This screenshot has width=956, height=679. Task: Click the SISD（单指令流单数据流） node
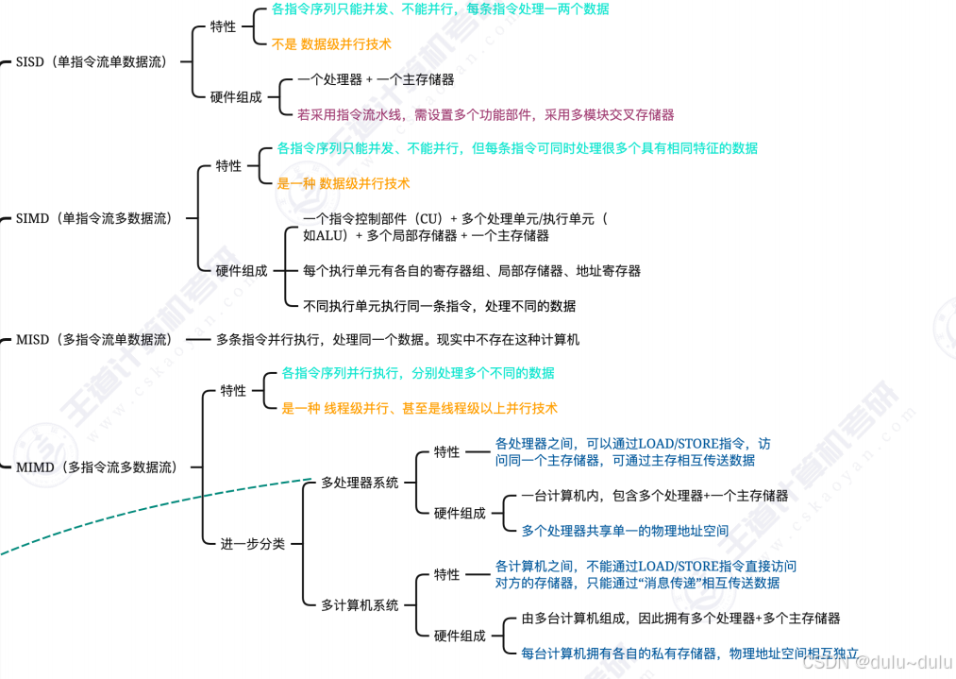point(92,62)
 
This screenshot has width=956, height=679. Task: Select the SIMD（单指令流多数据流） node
point(94,218)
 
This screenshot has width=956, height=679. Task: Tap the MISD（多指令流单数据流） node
point(94,339)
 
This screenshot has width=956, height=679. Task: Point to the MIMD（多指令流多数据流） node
point(96,467)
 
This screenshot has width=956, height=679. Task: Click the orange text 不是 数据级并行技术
point(331,44)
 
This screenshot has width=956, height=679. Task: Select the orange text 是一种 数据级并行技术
point(344,183)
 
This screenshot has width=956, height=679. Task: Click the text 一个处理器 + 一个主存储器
point(376,80)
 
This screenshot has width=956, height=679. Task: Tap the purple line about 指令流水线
point(485,115)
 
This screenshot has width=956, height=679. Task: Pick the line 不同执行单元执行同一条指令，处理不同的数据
point(439,306)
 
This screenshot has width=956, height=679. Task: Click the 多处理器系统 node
point(360,483)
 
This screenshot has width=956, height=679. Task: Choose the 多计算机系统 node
point(360,605)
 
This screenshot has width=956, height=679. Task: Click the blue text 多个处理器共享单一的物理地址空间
point(625,531)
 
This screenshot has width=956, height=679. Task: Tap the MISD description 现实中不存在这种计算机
point(397,339)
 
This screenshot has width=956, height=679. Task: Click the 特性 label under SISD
point(224,26)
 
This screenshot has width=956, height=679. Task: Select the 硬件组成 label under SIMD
point(242,270)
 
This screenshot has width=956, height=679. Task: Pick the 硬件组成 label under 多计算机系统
point(460,636)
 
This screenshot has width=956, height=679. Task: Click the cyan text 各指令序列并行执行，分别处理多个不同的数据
point(411,373)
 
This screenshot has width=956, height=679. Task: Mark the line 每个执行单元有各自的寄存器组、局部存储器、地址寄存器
point(472,271)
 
